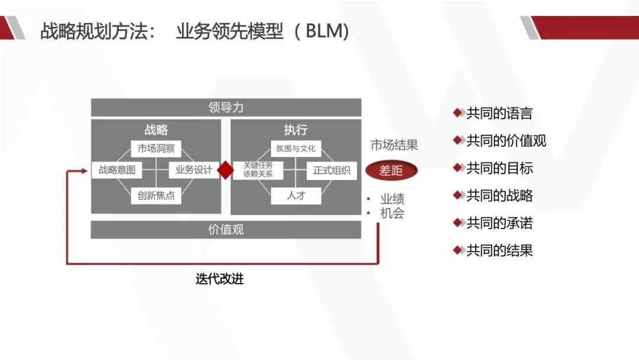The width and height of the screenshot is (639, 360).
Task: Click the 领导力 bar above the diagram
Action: click(x=225, y=108)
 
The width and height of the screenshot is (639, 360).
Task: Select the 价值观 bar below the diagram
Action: click(x=225, y=230)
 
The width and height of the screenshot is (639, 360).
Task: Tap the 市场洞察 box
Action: click(x=156, y=149)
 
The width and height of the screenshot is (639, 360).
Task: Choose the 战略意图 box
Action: click(x=117, y=171)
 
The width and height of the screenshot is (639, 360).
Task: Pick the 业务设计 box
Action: click(x=193, y=171)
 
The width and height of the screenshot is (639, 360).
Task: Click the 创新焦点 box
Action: click(x=156, y=195)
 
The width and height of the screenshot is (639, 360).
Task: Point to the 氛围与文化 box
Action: click(x=296, y=149)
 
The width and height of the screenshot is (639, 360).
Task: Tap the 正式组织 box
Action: click(x=331, y=171)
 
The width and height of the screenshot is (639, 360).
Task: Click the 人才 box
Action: click(x=296, y=195)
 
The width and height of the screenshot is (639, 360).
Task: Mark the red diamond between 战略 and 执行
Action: click(x=225, y=171)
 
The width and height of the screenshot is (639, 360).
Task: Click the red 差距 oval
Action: click(x=391, y=171)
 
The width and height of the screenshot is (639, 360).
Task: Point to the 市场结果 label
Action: click(x=394, y=145)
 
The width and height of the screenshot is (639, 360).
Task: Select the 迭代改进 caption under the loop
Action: click(x=220, y=279)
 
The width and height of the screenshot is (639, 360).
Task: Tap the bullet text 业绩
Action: click(x=392, y=199)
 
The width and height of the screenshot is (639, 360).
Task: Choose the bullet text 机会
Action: click(x=392, y=214)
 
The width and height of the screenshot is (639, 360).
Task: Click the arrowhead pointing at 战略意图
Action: click(x=87, y=171)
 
